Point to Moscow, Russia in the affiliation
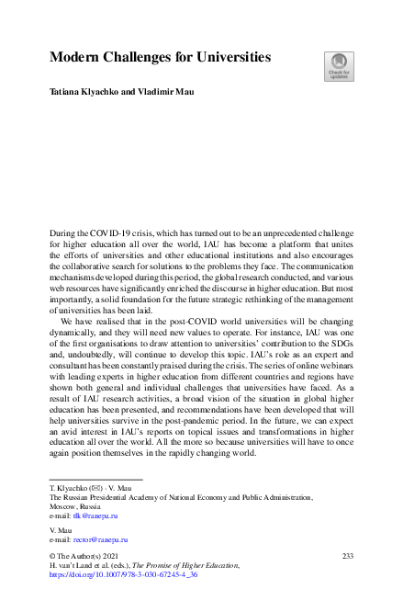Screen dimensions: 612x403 click(x=75, y=506)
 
